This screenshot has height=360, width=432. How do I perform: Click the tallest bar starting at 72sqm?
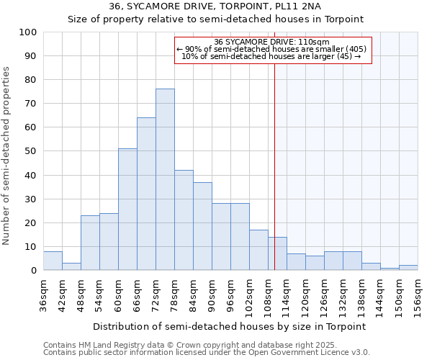tap(165, 180)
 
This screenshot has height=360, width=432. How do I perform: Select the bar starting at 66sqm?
tap(146, 194)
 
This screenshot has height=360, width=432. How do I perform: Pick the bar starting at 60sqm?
tap(127, 210)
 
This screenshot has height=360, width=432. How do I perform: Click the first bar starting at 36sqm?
tap(53, 261)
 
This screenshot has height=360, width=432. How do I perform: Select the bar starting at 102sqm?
tap(258, 250)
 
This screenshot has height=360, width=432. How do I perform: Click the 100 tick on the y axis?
tap(28, 32)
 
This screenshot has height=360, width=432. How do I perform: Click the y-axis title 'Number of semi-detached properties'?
tap(6, 155)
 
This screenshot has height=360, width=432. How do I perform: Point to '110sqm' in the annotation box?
tap(316, 42)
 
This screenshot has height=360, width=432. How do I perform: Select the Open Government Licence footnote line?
tap(207, 353)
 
